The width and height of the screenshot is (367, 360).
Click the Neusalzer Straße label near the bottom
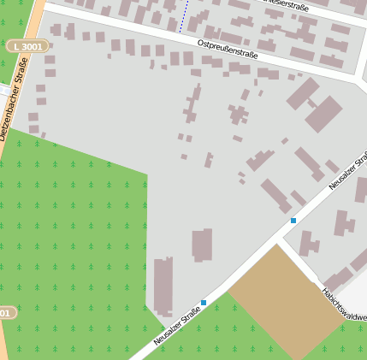pyautogui.click(x=177, y=326)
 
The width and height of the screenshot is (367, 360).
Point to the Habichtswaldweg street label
pyautogui.click(x=344, y=304)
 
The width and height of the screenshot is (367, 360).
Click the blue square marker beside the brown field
pyautogui.click(x=204, y=303)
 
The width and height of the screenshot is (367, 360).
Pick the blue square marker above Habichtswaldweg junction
pyautogui.click(x=293, y=221)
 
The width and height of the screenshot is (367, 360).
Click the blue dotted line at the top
pyautogui.click(x=181, y=15)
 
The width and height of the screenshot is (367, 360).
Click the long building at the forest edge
pyautogui.click(x=163, y=287)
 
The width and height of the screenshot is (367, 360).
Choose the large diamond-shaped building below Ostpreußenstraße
pyautogui.click(x=323, y=114)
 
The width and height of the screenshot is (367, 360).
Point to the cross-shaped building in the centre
pyautogui.click(x=237, y=113)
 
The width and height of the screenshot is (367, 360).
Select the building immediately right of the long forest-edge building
pyautogui.click(x=202, y=245)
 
